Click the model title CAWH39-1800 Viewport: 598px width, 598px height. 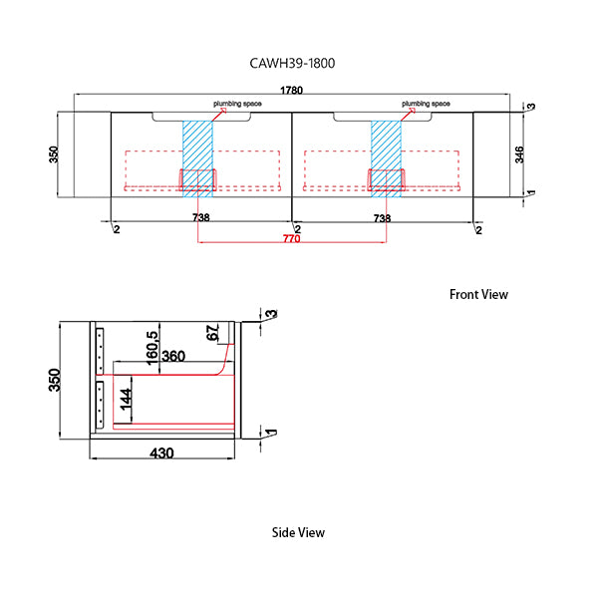pos(292,64)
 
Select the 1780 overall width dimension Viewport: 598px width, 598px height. pos(292,91)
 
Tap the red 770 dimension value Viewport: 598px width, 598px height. pos(291,238)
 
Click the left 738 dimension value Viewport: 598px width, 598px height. pos(200,217)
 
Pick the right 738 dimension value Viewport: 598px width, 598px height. pos(382,217)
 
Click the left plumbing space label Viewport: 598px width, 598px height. pos(233,104)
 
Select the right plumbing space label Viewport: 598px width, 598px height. pos(427,104)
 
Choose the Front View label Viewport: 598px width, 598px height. pos(478,294)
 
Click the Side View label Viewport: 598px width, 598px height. pos(298,532)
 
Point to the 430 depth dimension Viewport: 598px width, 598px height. pos(161,452)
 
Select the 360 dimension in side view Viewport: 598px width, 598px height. pos(173,356)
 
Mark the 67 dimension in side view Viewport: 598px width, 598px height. pos(211,334)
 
